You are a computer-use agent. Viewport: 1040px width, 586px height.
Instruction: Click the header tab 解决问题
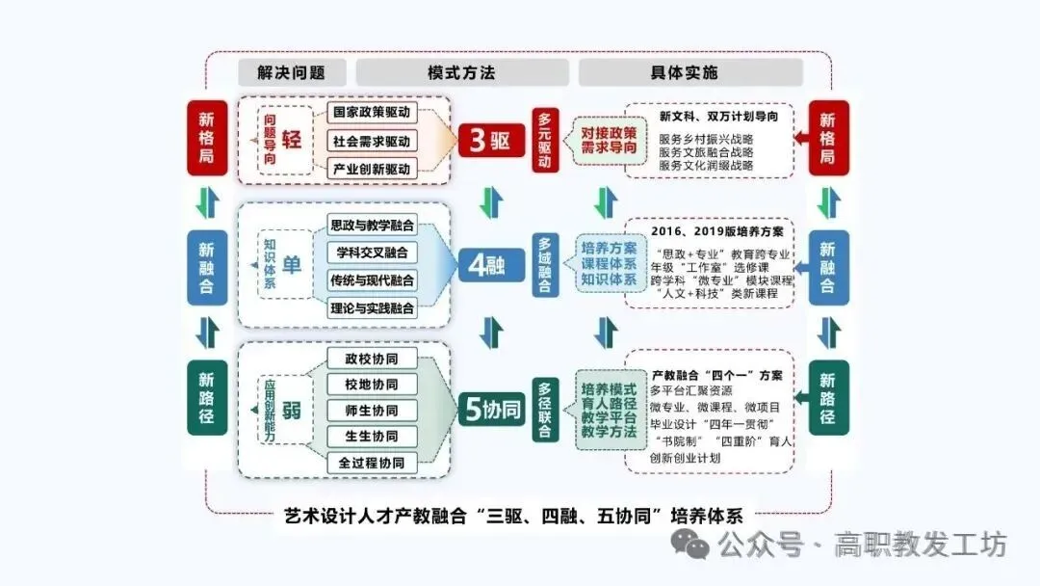(291, 72)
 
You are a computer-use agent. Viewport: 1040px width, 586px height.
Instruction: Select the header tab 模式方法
(461, 72)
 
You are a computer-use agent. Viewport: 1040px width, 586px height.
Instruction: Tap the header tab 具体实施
(689, 72)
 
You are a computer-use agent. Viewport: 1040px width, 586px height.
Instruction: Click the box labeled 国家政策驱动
(372, 113)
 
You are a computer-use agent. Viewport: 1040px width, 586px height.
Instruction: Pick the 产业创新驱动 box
(372, 169)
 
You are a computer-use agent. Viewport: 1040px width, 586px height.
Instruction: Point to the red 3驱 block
(489, 140)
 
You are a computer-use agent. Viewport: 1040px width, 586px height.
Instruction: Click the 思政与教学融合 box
(372, 226)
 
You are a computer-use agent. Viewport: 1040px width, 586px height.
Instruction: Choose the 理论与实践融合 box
(372, 309)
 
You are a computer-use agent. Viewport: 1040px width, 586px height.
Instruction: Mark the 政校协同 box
(372, 359)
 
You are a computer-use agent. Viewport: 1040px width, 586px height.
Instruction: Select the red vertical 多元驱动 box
(546, 140)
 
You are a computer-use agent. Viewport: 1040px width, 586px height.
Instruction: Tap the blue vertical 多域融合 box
(546, 265)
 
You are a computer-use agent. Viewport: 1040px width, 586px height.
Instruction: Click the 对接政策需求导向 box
(609, 141)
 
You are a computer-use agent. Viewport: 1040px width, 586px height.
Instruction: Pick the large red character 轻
(292, 140)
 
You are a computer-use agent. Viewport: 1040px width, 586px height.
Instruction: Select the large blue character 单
(292, 265)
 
